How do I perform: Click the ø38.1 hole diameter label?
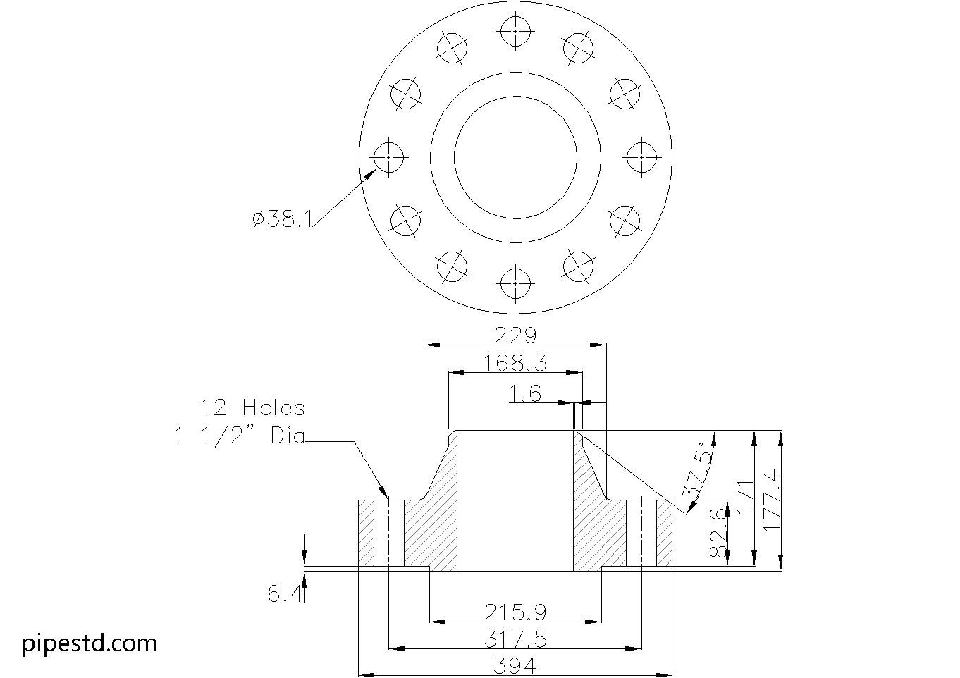[283, 218]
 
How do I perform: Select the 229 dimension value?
[515, 335]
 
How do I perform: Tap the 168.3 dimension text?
[515, 364]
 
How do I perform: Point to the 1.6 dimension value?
[525, 393]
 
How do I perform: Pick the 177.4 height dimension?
[772, 500]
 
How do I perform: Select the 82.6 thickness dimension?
[719, 532]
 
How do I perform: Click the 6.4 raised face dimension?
[285, 594]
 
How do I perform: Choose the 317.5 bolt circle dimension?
[515, 640]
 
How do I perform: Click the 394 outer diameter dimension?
[515, 666]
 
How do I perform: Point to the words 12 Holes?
[253, 407]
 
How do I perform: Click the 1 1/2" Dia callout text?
[240, 437]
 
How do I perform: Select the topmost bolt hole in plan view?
[515, 31]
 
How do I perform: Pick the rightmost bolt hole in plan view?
[641, 157]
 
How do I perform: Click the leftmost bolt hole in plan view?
[388, 157]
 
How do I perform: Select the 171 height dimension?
[746, 497]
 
